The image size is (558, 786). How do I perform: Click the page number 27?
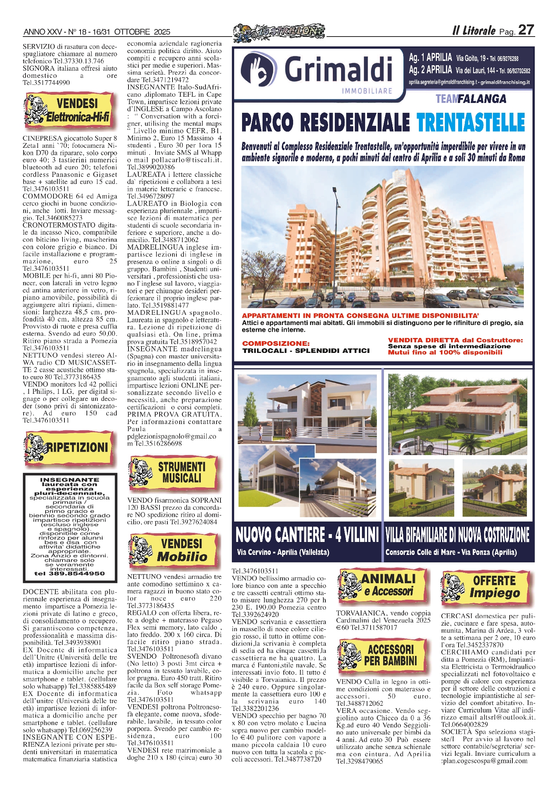tap(526, 30)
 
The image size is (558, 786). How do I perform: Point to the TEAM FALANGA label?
tap(470, 99)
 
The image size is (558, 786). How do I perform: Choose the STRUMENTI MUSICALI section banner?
tap(173, 472)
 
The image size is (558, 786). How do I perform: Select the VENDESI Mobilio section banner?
tap(173, 551)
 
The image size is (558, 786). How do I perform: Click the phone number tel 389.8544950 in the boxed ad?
tap(70, 573)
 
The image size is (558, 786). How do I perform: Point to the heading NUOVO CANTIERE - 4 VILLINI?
tap(307, 535)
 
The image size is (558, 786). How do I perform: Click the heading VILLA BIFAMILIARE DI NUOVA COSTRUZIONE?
tap(457, 535)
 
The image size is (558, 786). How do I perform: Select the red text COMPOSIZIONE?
tap(275, 343)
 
